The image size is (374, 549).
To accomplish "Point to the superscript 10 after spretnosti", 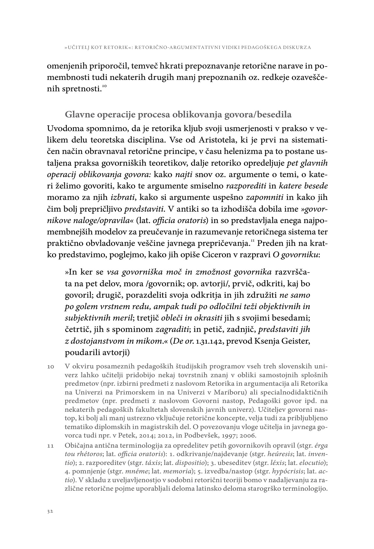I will click(x=104, y=86).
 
